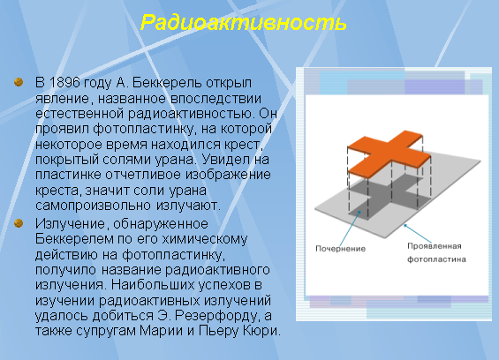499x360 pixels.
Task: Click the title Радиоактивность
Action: click(x=244, y=23)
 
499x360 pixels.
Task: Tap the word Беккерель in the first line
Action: click(x=167, y=83)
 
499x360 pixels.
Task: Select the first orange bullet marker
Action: click(x=19, y=82)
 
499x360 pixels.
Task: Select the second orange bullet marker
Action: click(x=19, y=223)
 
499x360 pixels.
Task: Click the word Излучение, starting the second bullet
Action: click(x=70, y=224)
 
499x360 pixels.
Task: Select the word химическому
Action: click(x=204, y=239)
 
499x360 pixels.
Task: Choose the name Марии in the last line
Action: click(x=161, y=331)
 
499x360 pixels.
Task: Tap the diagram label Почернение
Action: click(x=341, y=249)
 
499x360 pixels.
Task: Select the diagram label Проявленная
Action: click(x=435, y=246)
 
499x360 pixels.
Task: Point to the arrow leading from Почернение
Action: click(x=350, y=228)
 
